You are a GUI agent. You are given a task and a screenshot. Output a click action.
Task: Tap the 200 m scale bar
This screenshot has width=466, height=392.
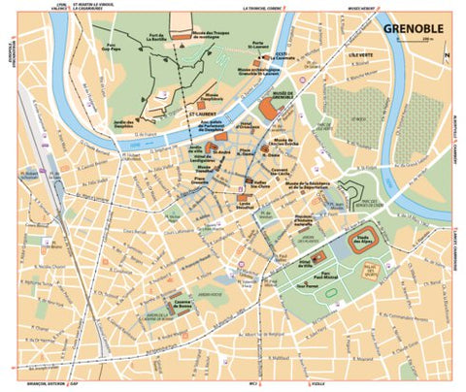click(428, 40)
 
